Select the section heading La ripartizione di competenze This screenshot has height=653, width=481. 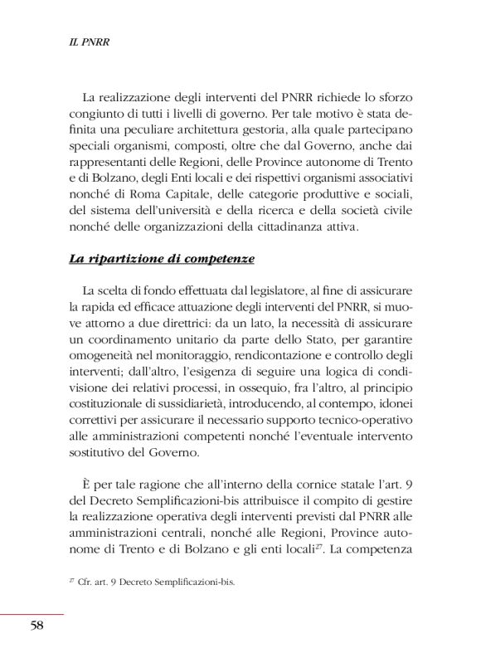click(x=161, y=259)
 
